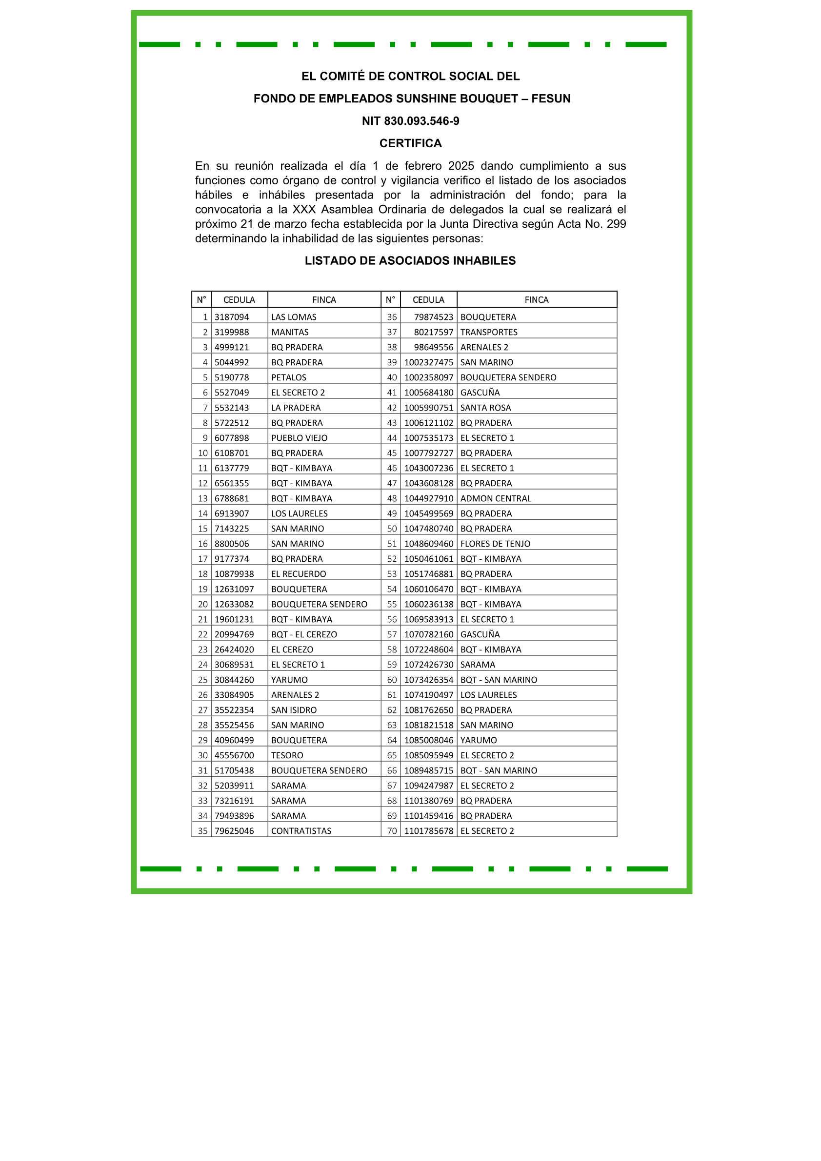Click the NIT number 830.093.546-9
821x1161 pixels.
[421, 121]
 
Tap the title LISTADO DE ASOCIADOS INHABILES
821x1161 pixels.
[410, 260]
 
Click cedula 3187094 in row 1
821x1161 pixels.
[232, 317]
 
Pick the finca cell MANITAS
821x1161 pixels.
[290, 332]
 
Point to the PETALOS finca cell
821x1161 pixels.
[289, 377]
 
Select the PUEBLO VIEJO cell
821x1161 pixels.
[299, 438]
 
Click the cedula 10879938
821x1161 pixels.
[234, 574]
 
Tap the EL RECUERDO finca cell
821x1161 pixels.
[299, 574]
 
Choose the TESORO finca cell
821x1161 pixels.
[287, 755]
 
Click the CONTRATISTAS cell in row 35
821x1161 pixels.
[301, 831]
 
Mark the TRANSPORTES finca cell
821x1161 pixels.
[489, 332]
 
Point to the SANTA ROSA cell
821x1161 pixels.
[485, 408]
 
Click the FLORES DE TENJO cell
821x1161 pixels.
[495, 544]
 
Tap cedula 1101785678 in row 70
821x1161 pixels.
[428, 831]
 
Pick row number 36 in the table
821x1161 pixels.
[392, 317]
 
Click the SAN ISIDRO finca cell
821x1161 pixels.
[294, 710]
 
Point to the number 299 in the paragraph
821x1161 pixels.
[616, 223]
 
